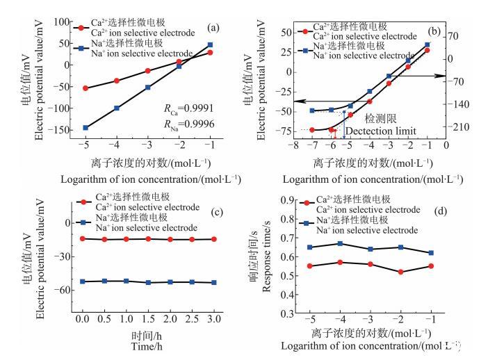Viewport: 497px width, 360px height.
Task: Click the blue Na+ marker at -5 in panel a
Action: pyautogui.click(x=85, y=128)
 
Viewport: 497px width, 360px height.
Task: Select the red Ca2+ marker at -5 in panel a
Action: pyautogui.click(x=85, y=88)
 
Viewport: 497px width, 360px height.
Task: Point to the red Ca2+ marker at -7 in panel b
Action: pyautogui.click(x=312, y=130)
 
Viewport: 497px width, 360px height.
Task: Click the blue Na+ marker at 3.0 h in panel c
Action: pyautogui.click(x=214, y=283)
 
